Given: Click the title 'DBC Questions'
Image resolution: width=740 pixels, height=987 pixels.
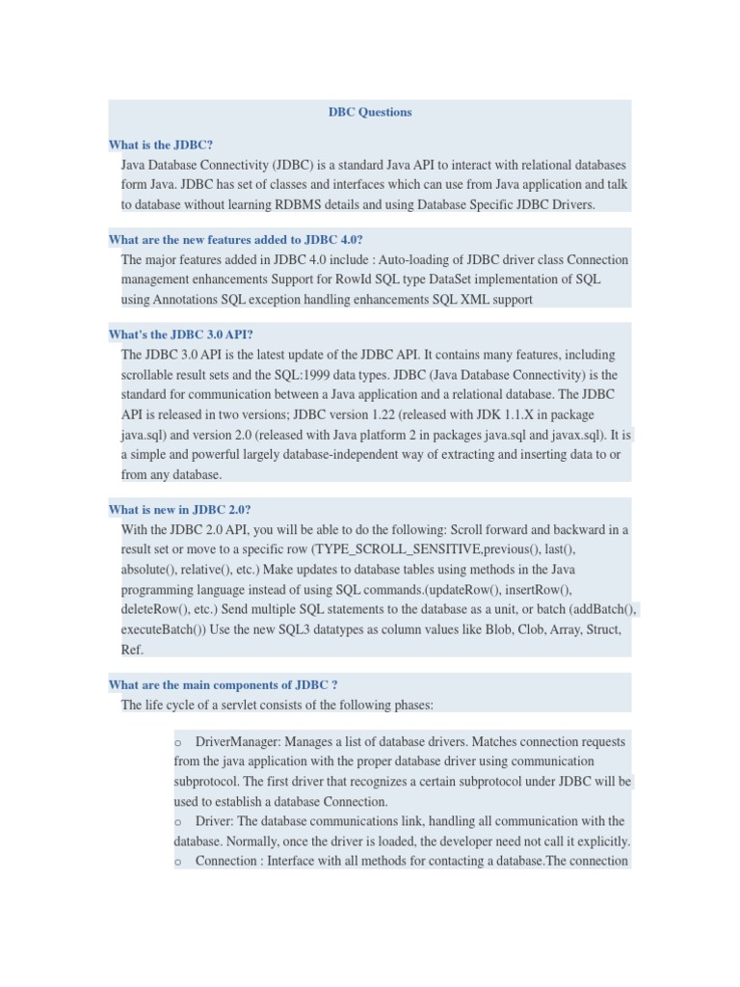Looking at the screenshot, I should [x=370, y=112].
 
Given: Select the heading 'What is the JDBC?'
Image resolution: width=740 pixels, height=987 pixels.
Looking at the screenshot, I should [x=161, y=145].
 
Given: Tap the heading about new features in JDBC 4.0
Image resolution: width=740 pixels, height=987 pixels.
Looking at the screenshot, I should [x=236, y=239].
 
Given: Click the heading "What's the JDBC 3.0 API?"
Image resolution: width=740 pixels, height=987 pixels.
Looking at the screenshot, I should [x=181, y=334].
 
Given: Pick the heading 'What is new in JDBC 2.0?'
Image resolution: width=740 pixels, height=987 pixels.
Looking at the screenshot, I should [x=180, y=509].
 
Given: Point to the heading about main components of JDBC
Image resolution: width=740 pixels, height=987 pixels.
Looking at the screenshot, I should [x=224, y=685].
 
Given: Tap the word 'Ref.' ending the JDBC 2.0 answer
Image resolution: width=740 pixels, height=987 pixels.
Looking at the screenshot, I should [x=132, y=650].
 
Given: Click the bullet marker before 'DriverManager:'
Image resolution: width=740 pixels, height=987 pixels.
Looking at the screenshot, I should [x=179, y=742].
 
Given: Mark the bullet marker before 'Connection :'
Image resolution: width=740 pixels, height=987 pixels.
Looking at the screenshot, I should [x=179, y=862].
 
